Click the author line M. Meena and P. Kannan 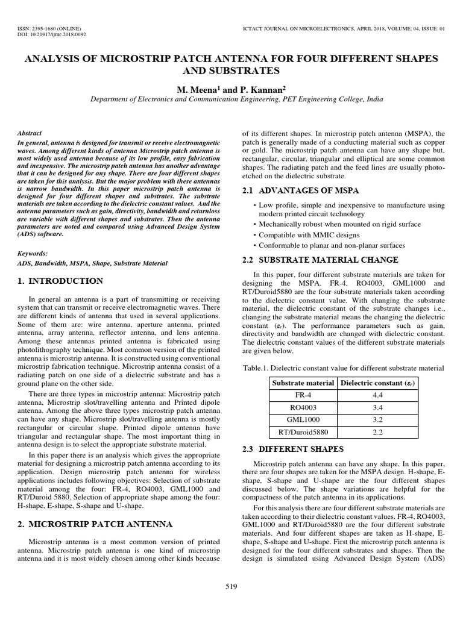[231, 89]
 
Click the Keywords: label [33, 254]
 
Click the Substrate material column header [303, 383]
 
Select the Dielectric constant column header [378, 383]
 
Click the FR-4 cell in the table [303, 395]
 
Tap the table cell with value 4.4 [378, 395]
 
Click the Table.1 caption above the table [342, 368]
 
